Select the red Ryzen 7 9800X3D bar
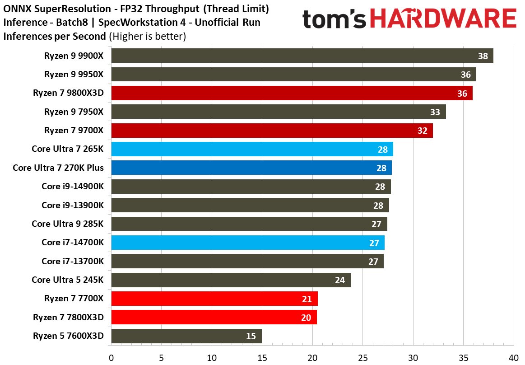(x=291, y=93)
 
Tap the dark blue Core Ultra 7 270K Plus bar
(x=251, y=168)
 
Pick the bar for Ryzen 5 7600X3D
(x=186, y=336)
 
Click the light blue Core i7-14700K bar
(x=247, y=243)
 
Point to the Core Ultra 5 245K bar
(x=230, y=280)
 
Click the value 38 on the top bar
(x=483, y=56)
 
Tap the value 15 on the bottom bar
(x=251, y=336)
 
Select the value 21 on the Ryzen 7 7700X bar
(x=307, y=299)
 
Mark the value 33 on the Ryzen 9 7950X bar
(x=435, y=112)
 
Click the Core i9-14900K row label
(x=72, y=187)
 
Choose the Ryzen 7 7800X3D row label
(x=68, y=317)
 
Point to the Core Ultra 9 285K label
(x=67, y=224)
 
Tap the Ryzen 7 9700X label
(x=74, y=131)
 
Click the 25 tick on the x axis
(x=362, y=358)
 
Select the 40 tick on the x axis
(x=514, y=358)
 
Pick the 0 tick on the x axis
(x=111, y=358)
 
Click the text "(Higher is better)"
(x=147, y=36)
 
